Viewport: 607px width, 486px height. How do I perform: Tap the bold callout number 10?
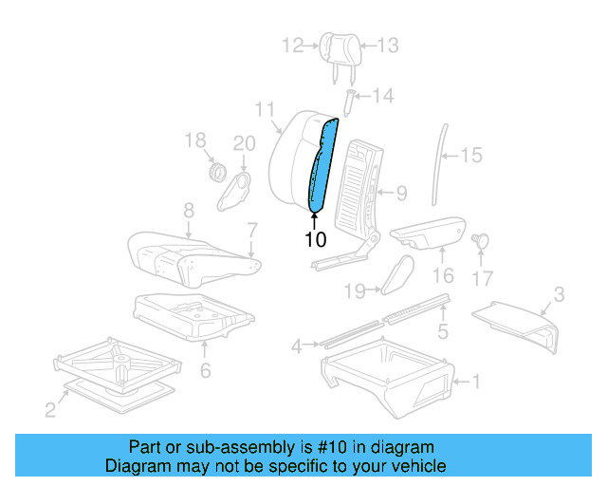coord(315,239)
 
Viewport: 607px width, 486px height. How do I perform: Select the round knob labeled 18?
coord(216,174)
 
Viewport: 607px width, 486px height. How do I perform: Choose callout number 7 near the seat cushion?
coord(251,230)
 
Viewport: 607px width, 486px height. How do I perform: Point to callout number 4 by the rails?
coord(297,346)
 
